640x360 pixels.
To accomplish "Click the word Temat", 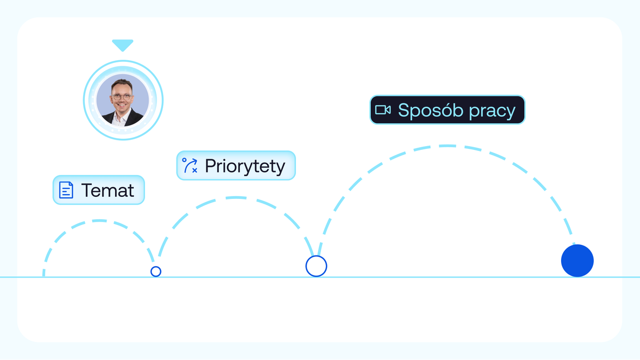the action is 108,190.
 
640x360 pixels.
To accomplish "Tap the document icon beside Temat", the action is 66,190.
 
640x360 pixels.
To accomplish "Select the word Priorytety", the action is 245,166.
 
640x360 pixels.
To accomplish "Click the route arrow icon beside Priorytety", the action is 190,165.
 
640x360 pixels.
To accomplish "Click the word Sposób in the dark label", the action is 430,110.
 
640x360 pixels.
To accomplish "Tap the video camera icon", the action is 383,110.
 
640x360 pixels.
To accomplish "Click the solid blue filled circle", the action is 577,261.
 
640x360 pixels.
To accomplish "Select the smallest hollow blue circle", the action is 156,271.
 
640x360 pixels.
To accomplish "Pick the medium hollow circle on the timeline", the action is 316,266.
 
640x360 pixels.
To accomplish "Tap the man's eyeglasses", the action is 122,97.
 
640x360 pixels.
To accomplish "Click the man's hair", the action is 122,84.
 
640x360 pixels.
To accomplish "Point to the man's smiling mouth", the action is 122,106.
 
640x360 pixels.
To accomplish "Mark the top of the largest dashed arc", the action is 447,146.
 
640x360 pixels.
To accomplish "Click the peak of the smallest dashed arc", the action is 99,221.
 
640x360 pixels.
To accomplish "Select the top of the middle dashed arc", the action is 236,198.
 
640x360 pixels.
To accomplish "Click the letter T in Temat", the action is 87,190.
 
